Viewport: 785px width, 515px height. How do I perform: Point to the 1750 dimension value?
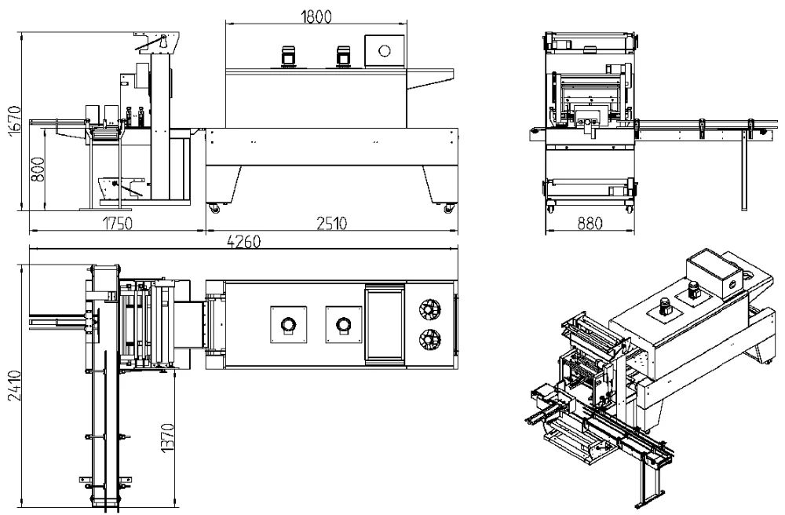(118, 224)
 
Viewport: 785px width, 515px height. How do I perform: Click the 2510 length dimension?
(331, 224)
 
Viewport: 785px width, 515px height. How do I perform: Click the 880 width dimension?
(588, 224)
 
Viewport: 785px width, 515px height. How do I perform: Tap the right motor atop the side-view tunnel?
(343, 56)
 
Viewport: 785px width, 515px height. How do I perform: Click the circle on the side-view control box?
(385, 50)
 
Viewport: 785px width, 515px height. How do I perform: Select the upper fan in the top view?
(430, 308)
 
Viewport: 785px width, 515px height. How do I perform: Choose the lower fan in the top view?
(430, 339)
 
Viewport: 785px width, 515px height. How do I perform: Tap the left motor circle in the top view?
(287, 323)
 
